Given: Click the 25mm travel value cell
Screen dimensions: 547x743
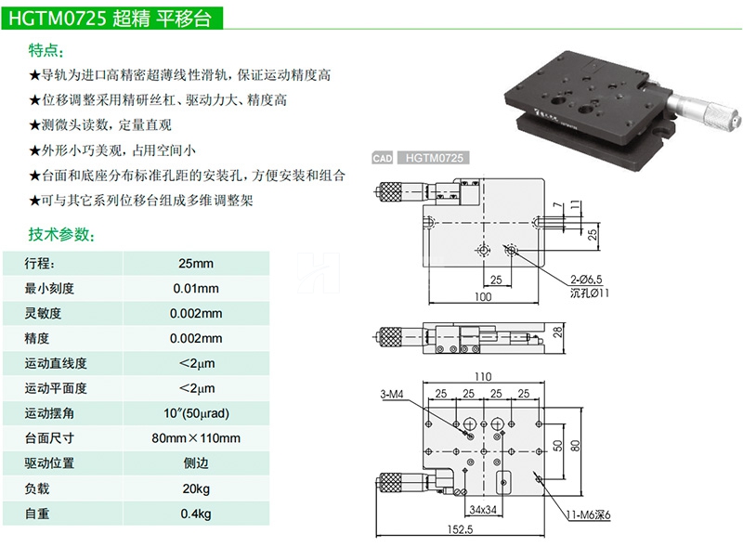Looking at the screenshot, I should coord(196,263).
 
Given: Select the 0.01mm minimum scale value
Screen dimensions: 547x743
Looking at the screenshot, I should coord(196,288).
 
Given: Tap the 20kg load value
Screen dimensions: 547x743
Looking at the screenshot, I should coord(196,488).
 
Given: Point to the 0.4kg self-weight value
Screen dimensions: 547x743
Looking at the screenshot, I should coord(196,514).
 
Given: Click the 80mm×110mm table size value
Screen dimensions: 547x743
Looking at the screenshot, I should coord(196,438).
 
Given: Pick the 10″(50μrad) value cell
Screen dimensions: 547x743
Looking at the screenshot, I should coord(196,413).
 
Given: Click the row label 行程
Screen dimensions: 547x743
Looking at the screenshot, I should coord(40,263).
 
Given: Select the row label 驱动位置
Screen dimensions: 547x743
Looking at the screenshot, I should coord(50,463).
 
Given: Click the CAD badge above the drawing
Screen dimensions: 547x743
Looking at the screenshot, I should coord(383,159).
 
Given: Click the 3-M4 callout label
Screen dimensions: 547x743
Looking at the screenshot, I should coord(392,394).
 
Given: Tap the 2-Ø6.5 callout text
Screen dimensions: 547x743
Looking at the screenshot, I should coord(586,279).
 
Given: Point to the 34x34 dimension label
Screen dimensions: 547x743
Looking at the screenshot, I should coord(485,510).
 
